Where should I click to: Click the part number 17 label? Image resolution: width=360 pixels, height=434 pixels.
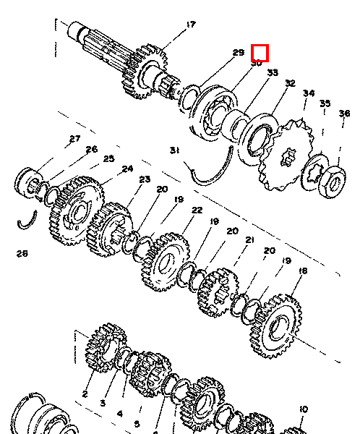tap(191, 25)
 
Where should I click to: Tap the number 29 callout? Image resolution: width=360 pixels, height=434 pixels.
tap(239, 53)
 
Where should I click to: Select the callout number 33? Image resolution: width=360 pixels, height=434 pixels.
tap(273, 73)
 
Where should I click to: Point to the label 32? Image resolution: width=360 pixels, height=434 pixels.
tap(291, 84)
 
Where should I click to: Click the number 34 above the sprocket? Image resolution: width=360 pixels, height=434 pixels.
tap(309, 93)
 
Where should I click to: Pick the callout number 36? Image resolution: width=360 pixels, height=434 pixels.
tap(344, 114)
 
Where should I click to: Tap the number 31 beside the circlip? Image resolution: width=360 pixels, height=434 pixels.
tap(174, 150)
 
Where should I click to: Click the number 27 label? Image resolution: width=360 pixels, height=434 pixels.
tap(74, 139)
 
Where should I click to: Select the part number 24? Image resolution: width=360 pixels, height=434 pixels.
tap(127, 169)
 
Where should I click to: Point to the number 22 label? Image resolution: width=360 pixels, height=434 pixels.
tap(197, 210)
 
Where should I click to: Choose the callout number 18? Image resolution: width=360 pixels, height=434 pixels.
tap(303, 271)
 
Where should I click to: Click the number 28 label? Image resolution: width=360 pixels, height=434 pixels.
tap(22, 253)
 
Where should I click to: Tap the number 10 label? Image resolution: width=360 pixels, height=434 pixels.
tap(303, 409)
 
